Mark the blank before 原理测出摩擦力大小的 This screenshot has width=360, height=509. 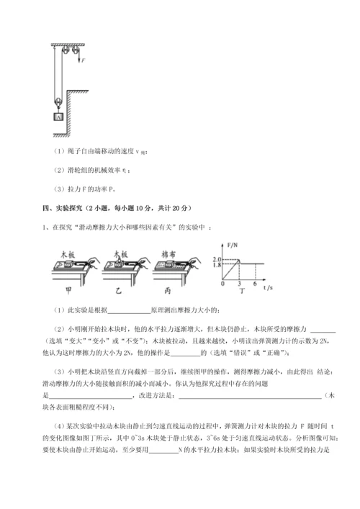coord(127,311)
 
